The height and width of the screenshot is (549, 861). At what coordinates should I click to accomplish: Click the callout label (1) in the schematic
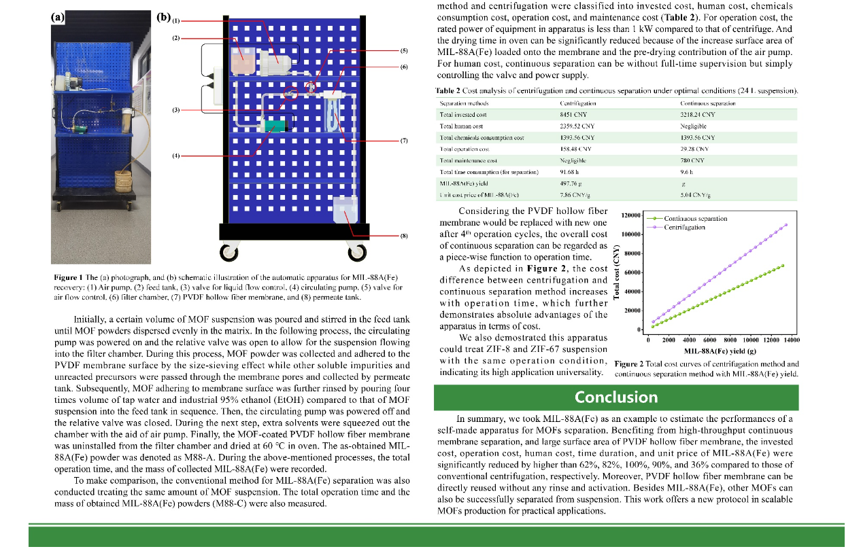(x=176, y=20)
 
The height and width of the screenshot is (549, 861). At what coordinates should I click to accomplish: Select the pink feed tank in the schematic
(x=241, y=61)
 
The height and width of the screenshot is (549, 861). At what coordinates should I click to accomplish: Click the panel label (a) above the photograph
(x=58, y=17)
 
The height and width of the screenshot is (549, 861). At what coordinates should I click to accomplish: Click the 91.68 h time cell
(x=569, y=172)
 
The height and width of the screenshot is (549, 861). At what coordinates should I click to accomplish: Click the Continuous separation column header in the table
(x=708, y=103)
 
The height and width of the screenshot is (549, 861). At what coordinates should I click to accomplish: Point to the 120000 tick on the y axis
(x=631, y=215)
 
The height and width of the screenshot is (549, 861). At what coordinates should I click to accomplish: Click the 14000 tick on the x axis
(x=790, y=340)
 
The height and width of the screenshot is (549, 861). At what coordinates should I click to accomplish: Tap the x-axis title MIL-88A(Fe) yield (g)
(x=720, y=351)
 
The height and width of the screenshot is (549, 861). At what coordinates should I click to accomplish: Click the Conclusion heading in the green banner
(x=616, y=397)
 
